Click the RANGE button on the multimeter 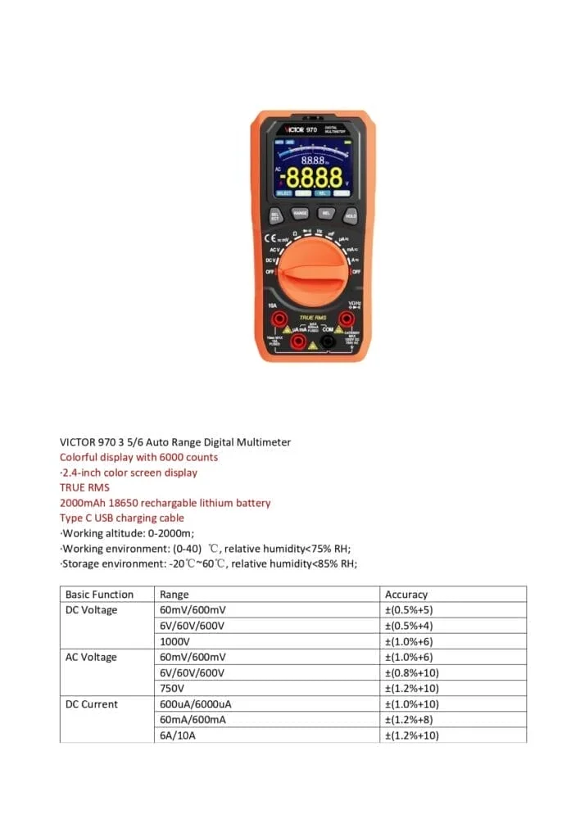(x=300, y=213)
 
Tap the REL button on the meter (x=324, y=213)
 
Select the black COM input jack (x=329, y=341)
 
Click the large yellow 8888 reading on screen (x=312, y=177)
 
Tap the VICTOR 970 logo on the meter (x=301, y=129)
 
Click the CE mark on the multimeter (x=278, y=236)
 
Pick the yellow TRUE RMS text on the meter (x=312, y=317)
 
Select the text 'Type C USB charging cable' (x=122, y=518)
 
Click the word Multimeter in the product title (x=262, y=442)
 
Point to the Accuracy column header (x=406, y=595)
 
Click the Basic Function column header (x=99, y=595)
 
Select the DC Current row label (x=92, y=704)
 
